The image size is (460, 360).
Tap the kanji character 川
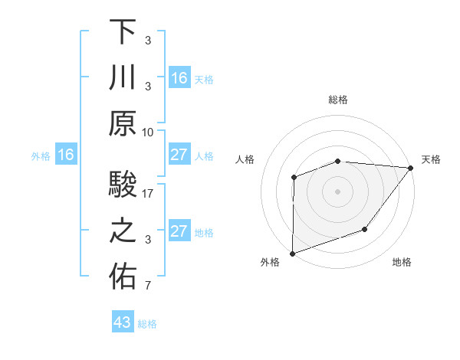(x=123, y=78)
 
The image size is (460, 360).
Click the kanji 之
(x=123, y=232)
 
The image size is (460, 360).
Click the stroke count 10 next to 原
(x=148, y=132)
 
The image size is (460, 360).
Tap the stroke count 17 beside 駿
(x=148, y=194)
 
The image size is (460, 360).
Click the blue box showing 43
(x=122, y=322)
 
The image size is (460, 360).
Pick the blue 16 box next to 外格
(x=65, y=155)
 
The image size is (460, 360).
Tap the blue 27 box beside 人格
(x=179, y=155)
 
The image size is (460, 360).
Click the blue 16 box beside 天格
(x=179, y=78)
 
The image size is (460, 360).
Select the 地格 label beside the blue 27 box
(x=204, y=233)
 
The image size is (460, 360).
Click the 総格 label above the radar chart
(x=338, y=100)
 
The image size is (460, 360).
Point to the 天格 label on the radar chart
(x=431, y=159)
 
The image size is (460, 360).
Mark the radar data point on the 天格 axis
(x=412, y=167)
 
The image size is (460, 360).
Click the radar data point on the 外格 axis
(x=293, y=253)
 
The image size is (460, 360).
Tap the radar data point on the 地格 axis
(x=365, y=229)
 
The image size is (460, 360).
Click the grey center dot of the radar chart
(x=337, y=191)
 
